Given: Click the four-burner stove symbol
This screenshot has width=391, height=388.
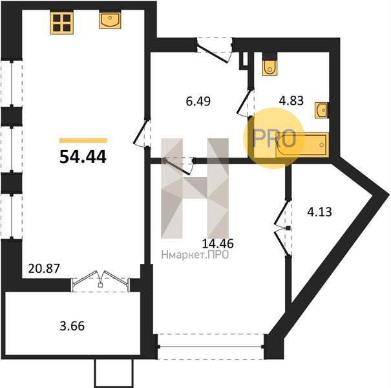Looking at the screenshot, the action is [61, 23].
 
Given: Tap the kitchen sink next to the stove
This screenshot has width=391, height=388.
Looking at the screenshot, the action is [110, 20].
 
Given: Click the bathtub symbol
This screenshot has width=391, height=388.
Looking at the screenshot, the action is [302, 145].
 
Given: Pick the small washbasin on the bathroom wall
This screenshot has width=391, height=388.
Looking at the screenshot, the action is [321, 110].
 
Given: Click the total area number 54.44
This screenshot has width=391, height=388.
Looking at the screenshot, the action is [83, 157].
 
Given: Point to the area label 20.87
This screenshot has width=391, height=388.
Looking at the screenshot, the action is [44, 268].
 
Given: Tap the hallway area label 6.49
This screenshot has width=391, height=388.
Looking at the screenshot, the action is [198, 102].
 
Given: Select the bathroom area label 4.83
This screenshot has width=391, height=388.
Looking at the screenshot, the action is [291, 101].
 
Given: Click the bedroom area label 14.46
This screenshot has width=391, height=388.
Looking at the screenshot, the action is [218, 244].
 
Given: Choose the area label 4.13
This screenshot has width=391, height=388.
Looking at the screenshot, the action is [319, 212].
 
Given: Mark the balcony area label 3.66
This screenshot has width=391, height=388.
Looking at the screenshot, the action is [72, 326].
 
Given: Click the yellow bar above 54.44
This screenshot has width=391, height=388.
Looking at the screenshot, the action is [83, 141].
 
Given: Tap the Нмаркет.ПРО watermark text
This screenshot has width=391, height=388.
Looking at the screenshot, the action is [195, 255].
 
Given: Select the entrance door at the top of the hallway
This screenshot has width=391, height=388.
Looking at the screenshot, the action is [215, 49].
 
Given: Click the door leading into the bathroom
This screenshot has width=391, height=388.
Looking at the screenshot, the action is [246, 103].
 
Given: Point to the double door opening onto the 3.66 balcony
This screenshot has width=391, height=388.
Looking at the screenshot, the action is [100, 281].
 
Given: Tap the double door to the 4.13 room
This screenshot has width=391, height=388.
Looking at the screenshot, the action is [283, 228].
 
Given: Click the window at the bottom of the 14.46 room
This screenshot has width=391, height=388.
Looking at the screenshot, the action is [211, 347].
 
